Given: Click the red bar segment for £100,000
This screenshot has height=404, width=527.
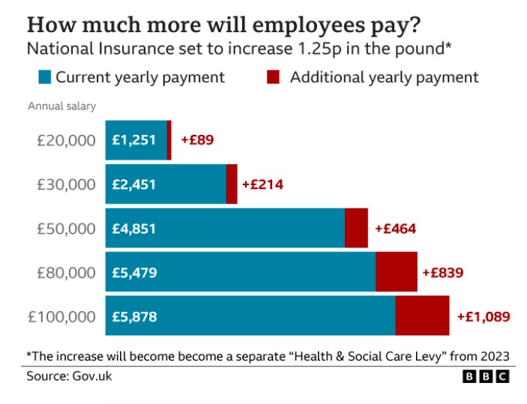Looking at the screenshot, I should [422, 316].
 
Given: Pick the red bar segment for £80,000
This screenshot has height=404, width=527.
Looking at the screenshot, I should [396, 272].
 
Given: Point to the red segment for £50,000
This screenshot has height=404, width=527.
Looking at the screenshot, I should [356, 228].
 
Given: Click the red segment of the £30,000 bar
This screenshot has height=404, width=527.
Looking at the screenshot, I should [232, 184].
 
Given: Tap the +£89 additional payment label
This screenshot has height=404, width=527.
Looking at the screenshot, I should [197, 140].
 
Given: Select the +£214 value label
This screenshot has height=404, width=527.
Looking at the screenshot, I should [262, 184].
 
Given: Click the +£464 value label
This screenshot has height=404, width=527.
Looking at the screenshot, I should [395, 229].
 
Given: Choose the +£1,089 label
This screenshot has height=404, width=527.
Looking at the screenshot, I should [484, 316].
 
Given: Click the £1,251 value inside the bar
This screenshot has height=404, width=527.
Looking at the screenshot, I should [134, 140].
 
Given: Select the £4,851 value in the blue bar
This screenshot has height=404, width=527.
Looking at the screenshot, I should [134, 229].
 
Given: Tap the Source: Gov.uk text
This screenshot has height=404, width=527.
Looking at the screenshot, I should [69, 376].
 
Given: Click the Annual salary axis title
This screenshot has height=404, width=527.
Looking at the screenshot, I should [61, 106].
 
